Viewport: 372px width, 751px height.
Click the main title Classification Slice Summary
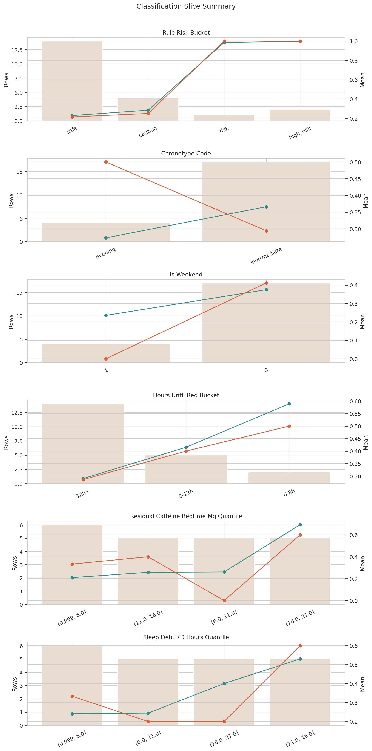tap(186, 6)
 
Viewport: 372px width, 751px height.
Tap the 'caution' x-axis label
tap(148, 132)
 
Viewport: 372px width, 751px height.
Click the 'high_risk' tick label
tap(300, 133)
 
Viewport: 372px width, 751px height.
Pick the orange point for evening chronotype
tap(106, 162)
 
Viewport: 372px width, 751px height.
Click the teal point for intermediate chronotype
tap(266, 207)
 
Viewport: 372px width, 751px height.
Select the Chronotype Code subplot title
tap(186, 154)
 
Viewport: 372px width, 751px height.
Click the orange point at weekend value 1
tap(106, 359)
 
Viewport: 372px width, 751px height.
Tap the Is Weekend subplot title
tap(186, 275)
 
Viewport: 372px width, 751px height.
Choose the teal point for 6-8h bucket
tap(289, 404)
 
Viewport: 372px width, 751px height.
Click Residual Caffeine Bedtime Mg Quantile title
tap(186, 516)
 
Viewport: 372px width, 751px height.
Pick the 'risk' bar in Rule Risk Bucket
tap(224, 118)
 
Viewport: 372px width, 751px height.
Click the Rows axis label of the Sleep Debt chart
tap(15, 684)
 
